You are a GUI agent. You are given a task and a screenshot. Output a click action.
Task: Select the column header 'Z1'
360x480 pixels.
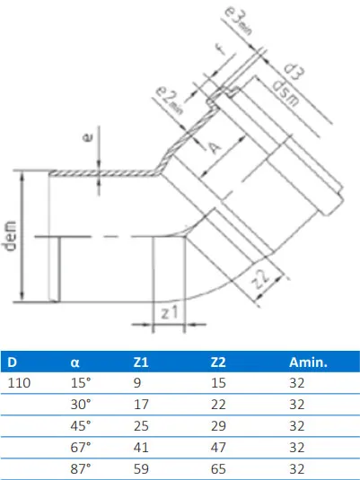click(x=140, y=363)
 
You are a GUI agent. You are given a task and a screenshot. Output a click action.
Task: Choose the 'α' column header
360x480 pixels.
click(x=75, y=363)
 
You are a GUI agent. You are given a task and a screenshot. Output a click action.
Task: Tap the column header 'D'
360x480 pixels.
click(x=13, y=363)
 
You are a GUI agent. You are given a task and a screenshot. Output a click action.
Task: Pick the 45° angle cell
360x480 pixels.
click(x=81, y=424)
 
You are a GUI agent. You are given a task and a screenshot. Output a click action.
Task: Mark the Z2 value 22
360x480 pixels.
click(x=218, y=404)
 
